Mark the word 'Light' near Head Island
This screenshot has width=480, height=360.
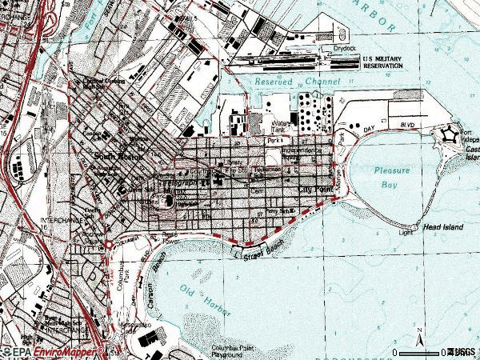(407, 233)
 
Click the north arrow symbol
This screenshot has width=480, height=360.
(419, 333)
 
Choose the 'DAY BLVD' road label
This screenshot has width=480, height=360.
(375, 127)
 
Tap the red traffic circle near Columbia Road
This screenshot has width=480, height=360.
(108, 244)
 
